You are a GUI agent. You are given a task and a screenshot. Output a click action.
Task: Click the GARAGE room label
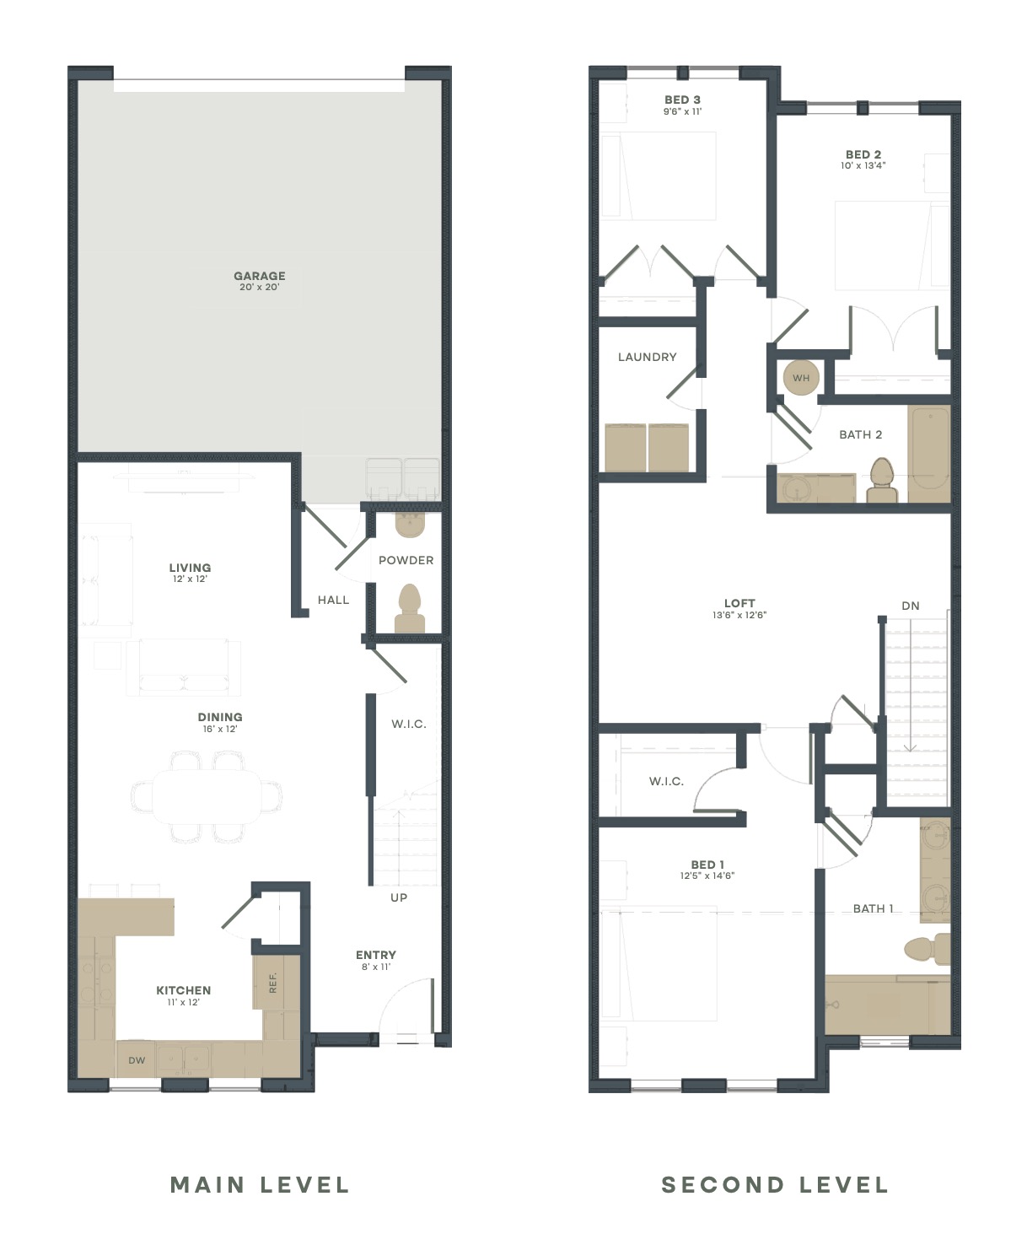coord(260,276)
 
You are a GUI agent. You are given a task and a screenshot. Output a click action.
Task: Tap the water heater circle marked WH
coord(801,378)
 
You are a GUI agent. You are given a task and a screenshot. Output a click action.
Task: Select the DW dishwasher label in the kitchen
coord(137,1060)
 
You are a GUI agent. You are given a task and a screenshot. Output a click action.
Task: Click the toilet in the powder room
coord(410,609)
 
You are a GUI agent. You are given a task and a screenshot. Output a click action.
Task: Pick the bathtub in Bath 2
coord(929,453)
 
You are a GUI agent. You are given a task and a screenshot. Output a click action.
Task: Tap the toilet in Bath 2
coord(882,481)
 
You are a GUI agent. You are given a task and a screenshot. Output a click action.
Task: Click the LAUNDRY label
coord(647,357)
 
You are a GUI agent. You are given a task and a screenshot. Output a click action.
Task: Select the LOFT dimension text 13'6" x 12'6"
coord(739,615)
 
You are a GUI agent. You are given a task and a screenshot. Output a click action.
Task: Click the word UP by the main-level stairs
coord(399,897)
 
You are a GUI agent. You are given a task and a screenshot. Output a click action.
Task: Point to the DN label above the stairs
coord(911,606)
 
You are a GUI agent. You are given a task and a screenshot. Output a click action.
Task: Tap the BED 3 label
coord(682,100)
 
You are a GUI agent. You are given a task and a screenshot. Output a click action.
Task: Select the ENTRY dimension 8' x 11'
coord(376,967)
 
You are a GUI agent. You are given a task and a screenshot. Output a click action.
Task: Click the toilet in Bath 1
coord(928,949)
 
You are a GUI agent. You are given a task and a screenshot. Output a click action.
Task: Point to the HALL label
coord(333,600)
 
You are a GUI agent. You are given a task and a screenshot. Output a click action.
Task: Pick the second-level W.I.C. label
coord(667,781)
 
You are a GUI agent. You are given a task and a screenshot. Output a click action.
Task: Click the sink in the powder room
coord(410,525)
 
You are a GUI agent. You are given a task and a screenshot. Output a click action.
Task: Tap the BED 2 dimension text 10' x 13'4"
coord(863,165)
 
